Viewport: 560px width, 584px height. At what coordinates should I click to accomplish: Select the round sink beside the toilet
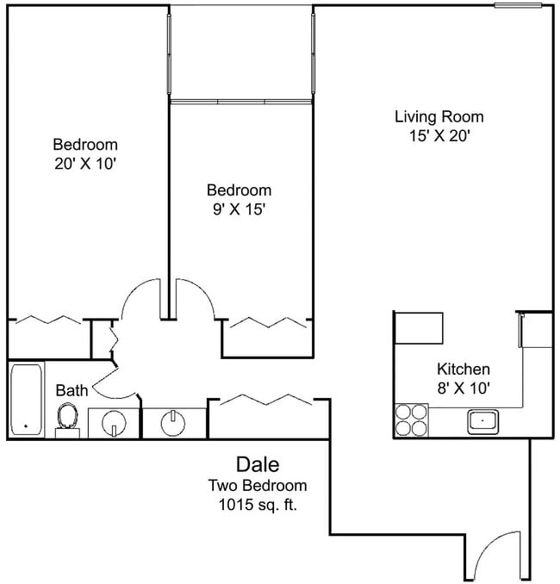click(115, 424)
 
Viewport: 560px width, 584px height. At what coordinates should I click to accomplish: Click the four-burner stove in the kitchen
click(411, 420)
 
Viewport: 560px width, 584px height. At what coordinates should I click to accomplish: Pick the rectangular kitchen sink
click(483, 421)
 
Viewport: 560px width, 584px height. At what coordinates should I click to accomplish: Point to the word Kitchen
click(463, 368)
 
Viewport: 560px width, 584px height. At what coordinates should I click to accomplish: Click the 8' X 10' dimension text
click(463, 388)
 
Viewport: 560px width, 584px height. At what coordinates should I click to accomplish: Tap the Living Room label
click(439, 116)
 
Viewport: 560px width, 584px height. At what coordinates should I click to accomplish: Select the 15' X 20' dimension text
click(439, 135)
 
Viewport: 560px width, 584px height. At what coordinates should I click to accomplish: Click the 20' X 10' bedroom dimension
click(84, 164)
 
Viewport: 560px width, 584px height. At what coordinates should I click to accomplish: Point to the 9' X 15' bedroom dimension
click(239, 208)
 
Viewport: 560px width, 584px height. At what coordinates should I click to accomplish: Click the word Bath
click(72, 390)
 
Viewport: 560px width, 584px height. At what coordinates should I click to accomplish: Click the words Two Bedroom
click(258, 485)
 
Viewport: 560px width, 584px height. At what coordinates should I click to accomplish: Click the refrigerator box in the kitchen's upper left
click(419, 328)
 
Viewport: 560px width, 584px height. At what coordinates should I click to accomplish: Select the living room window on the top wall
click(523, 6)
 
